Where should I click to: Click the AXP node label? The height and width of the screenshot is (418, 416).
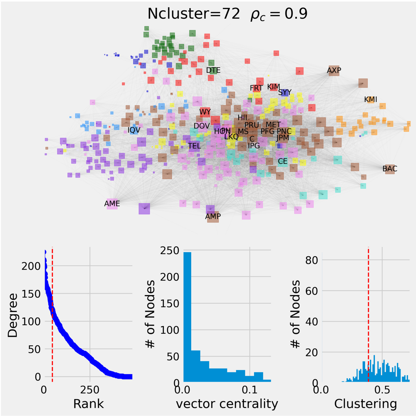point(334,71)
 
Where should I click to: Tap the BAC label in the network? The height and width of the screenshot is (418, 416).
point(390,169)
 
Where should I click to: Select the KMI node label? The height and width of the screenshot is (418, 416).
point(371,100)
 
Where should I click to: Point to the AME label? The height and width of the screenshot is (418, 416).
point(112,204)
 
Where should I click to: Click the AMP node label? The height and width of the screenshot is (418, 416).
point(213,216)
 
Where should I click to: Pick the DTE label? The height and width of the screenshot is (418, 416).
point(213,71)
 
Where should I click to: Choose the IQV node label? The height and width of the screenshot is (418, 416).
point(134,130)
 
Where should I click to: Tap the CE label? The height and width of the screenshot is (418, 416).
point(283,161)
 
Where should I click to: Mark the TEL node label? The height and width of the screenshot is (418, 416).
point(194,146)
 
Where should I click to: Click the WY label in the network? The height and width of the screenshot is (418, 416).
point(205,112)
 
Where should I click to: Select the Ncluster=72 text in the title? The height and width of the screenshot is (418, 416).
point(194,14)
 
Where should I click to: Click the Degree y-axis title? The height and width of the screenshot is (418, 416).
point(13,315)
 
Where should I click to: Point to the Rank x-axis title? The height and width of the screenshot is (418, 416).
point(88,404)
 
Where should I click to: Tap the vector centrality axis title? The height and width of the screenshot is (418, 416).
point(227,404)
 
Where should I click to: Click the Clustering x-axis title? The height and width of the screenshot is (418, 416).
point(365,404)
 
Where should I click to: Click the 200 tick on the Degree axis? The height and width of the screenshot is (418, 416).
point(31,266)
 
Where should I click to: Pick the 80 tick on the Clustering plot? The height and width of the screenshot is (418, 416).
point(312,260)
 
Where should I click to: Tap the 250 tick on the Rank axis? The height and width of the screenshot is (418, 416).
point(90,390)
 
